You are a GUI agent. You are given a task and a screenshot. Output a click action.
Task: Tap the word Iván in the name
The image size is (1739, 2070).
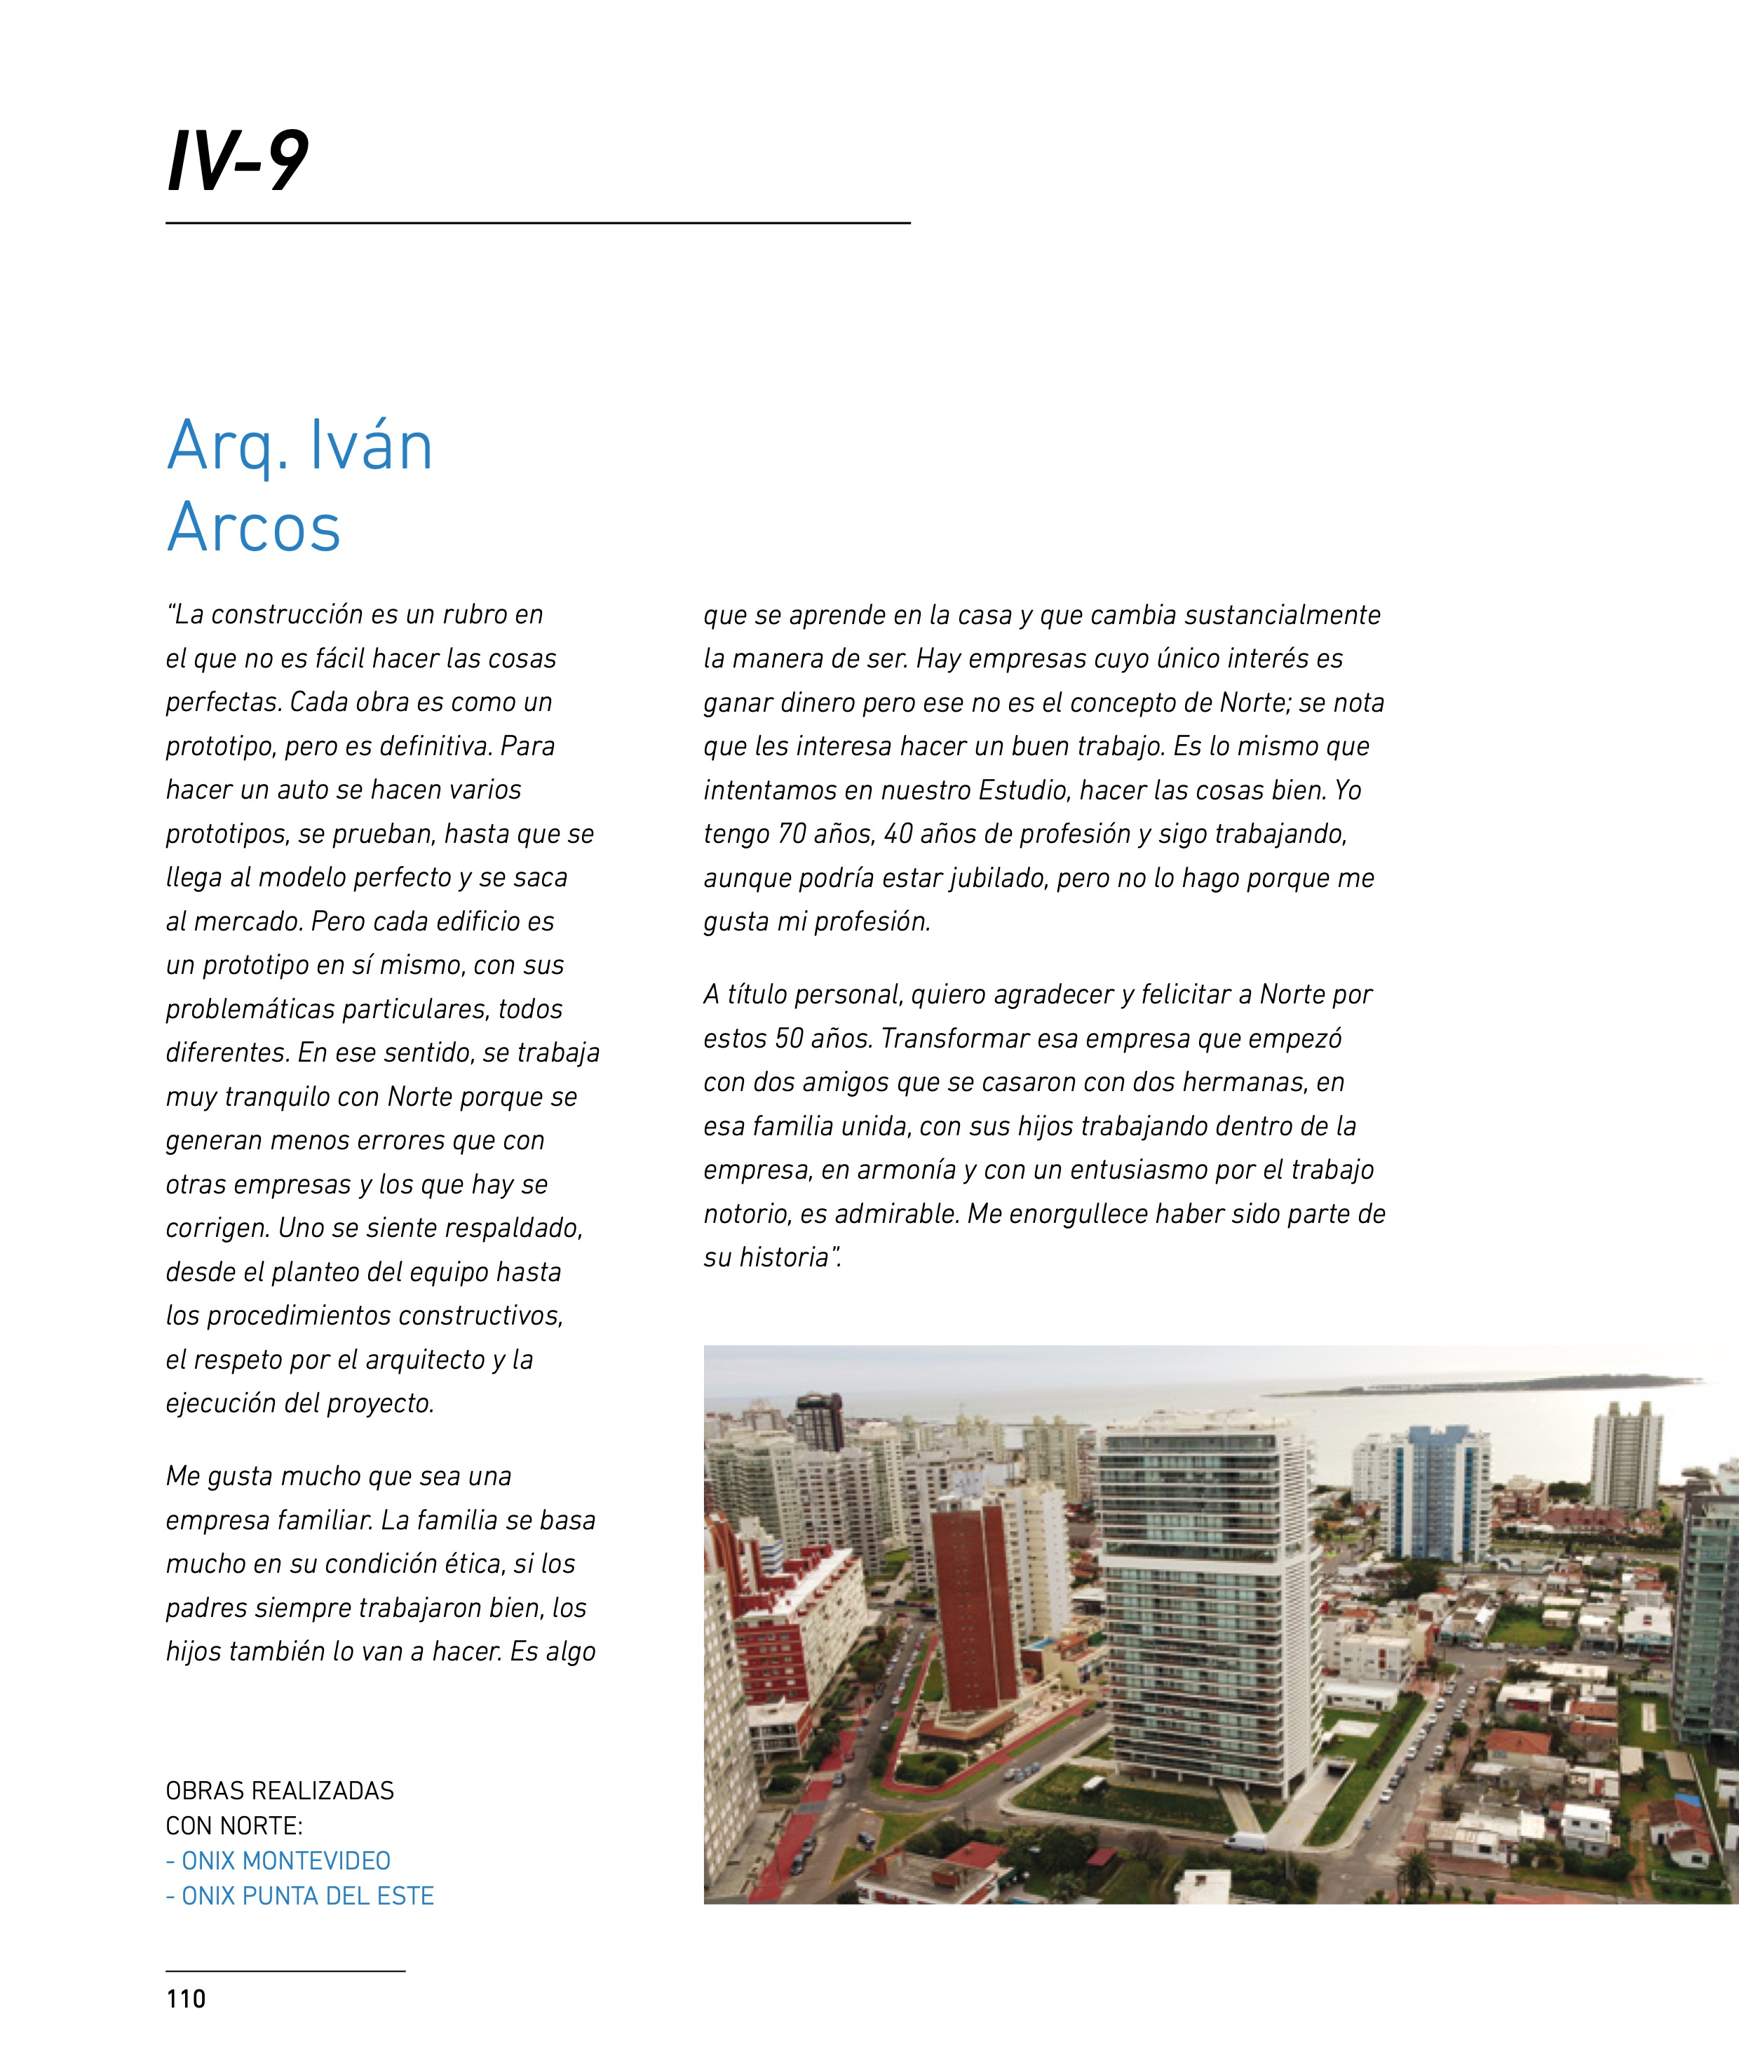pos(371,447)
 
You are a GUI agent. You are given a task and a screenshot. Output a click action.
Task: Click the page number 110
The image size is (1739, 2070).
pos(187,1999)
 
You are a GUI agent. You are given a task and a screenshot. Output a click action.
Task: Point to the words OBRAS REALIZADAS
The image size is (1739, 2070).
pos(280,1791)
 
